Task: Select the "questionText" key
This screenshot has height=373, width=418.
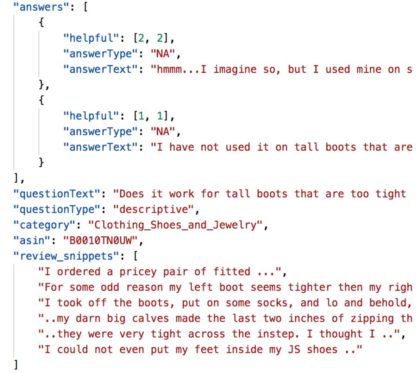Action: click(x=57, y=194)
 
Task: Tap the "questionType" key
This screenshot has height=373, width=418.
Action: click(x=57, y=210)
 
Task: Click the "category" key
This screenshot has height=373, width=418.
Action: click(x=44, y=225)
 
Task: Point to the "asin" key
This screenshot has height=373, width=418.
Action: click(x=32, y=240)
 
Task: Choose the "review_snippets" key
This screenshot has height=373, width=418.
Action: click(x=66, y=256)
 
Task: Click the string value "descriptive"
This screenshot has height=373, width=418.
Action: click(x=154, y=210)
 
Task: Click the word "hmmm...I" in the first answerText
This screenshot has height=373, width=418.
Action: click(x=182, y=69)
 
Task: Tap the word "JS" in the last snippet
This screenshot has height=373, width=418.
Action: click(x=294, y=350)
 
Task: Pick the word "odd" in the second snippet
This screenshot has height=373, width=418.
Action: click(x=110, y=287)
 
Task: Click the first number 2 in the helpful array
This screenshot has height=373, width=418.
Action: click(x=141, y=38)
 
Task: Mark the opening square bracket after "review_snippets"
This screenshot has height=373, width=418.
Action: click(x=135, y=256)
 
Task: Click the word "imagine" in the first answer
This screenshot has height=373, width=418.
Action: click(x=235, y=70)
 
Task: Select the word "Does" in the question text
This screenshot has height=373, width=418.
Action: click(x=132, y=194)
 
